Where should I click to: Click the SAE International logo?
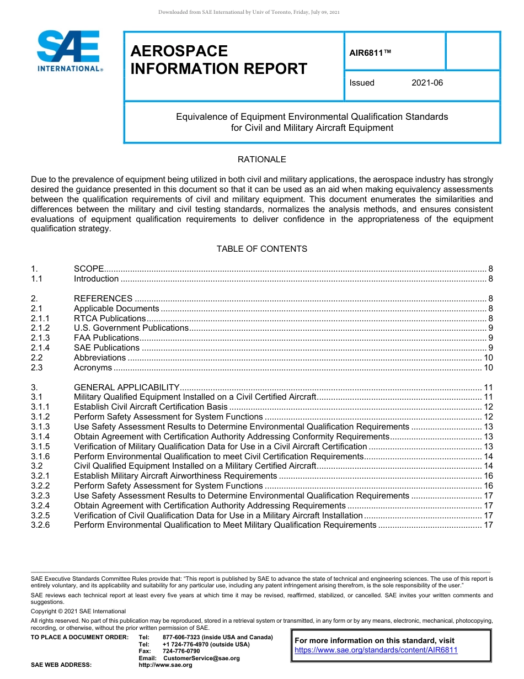(69, 51)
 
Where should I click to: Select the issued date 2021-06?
(427, 83)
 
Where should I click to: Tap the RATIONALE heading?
(261, 160)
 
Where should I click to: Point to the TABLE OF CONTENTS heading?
(261, 249)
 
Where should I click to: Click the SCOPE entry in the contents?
(89, 269)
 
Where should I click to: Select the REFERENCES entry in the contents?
(103, 299)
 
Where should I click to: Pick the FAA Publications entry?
(106, 338)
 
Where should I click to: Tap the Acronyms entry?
(93, 368)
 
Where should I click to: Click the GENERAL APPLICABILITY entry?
(127, 388)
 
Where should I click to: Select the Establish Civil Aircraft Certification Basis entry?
(151, 407)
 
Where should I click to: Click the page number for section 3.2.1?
(488, 476)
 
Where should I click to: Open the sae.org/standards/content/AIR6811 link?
(376, 650)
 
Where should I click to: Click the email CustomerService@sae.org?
(201, 658)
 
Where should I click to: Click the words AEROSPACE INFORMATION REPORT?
(218, 60)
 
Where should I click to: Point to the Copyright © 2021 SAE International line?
(78, 611)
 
